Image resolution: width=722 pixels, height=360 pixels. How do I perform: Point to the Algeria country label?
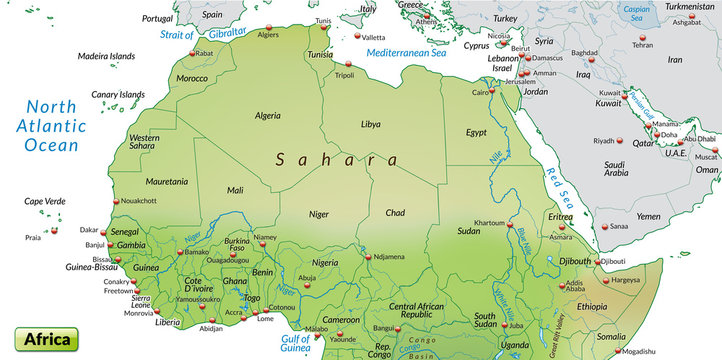click(x=269, y=116)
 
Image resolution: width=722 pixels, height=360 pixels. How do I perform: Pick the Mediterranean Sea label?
click(x=407, y=52)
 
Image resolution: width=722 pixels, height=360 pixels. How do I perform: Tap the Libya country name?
click(x=371, y=124)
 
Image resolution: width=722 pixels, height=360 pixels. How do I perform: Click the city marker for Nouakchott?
click(x=115, y=201)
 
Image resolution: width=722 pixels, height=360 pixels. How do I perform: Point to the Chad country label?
click(x=396, y=212)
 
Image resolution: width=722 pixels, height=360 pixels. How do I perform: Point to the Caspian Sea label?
click(x=635, y=13)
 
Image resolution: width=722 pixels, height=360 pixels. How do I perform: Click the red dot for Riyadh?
click(x=623, y=141)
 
